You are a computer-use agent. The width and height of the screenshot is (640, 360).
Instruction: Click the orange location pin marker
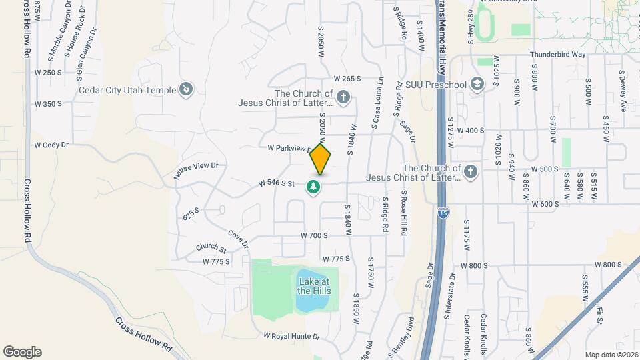click(x=321, y=159)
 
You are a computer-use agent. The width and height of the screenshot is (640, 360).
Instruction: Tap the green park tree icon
click(x=313, y=188)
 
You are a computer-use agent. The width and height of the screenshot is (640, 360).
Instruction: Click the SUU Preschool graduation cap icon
click(x=477, y=84)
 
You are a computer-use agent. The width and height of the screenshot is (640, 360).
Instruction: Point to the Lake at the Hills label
click(x=313, y=285)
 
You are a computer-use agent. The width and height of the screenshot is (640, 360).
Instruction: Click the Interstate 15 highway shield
click(x=443, y=213)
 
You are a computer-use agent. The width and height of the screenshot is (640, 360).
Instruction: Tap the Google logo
click(x=22, y=352)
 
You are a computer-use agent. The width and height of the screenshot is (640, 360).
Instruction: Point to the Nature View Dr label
click(x=196, y=171)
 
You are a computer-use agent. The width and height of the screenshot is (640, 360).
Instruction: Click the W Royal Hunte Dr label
click(x=292, y=336)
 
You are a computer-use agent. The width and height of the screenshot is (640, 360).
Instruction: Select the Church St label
click(x=211, y=247)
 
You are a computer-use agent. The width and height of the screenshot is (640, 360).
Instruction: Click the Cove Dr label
click(x=237, y=238)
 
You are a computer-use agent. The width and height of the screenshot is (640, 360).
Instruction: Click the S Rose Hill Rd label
click(x=403, y=213)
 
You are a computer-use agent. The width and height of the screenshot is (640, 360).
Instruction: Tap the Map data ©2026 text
click(x=611, y=355)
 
